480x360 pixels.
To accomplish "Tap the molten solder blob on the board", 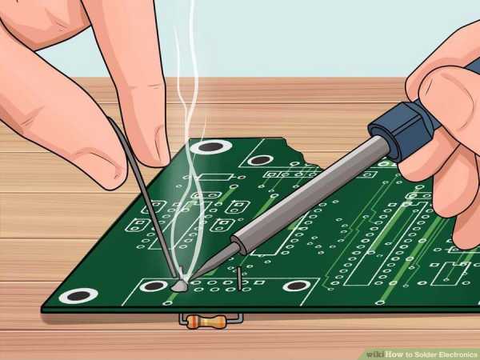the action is tap(179, 286).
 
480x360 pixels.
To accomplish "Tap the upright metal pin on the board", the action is tap(239, 278).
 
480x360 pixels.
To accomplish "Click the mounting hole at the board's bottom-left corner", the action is tap(78, 296).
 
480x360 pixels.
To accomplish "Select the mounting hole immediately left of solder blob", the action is tap(154, 286).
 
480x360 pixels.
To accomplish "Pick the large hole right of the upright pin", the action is tap(295, 286).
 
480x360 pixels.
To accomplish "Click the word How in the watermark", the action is tap(395, 354).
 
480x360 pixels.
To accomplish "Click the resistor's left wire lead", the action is tap(183, 319).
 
